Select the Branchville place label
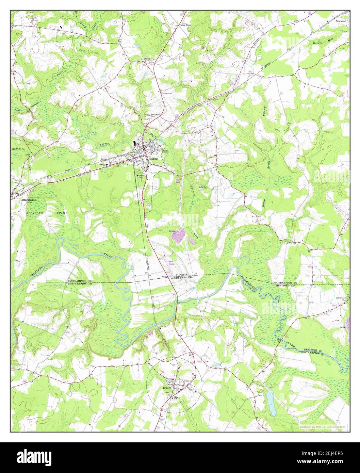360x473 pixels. click(29, 200)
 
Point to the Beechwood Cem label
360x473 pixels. click(155, 115)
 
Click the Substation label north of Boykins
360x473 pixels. click(167, 93)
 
